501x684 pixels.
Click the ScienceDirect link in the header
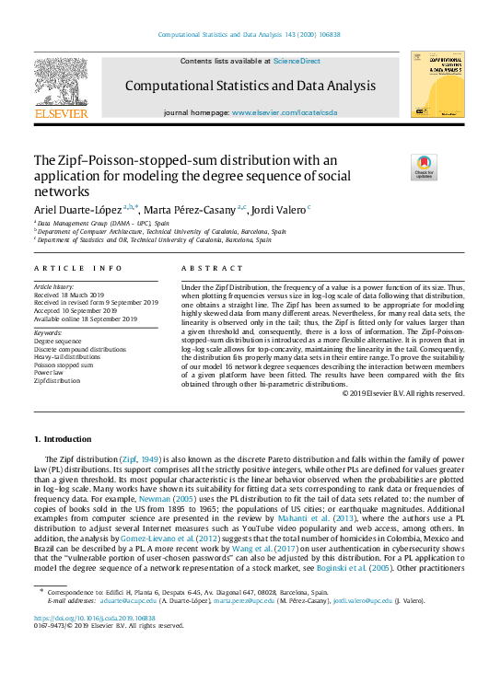296,61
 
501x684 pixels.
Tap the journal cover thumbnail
437,84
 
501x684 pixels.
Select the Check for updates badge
397,168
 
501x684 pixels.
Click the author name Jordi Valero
280,209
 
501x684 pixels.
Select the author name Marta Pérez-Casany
188,209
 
